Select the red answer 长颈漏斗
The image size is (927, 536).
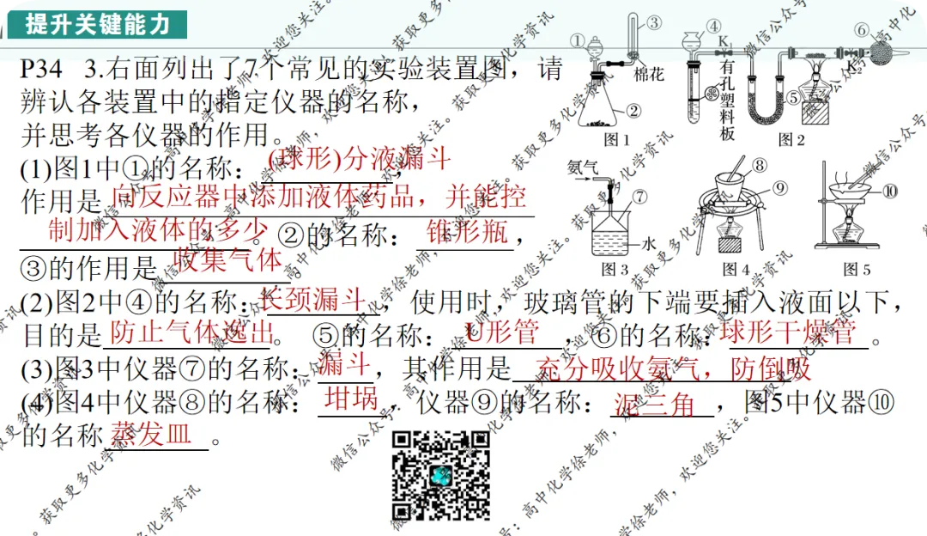click(313, 300)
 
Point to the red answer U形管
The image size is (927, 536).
click(501, 331)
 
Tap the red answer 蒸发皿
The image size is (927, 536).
click(151, 433)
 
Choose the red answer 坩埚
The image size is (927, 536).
click(351, 398)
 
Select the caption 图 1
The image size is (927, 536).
click(616, 138)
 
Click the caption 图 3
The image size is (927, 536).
click(615, 269)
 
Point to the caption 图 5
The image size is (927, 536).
click(857, 269)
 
